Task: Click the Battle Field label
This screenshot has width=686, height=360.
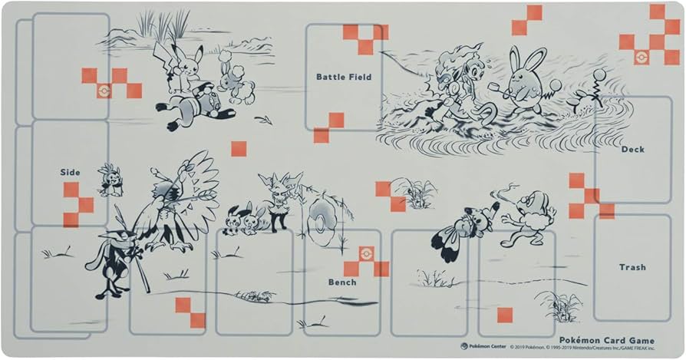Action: pyautogui.click(x=343, y=77)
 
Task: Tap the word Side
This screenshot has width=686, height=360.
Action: pyautogui.click(x=70, y=172)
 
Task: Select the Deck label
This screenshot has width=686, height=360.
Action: pyautogui.click(x=632, y=149)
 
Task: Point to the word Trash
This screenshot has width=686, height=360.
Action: pyautogui.click(x=632, y=267)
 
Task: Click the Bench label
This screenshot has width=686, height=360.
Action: pyautogui.click(x=342, y=282)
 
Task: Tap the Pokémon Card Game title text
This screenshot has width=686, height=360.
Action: pyautogui.click(x=607, y=341)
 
